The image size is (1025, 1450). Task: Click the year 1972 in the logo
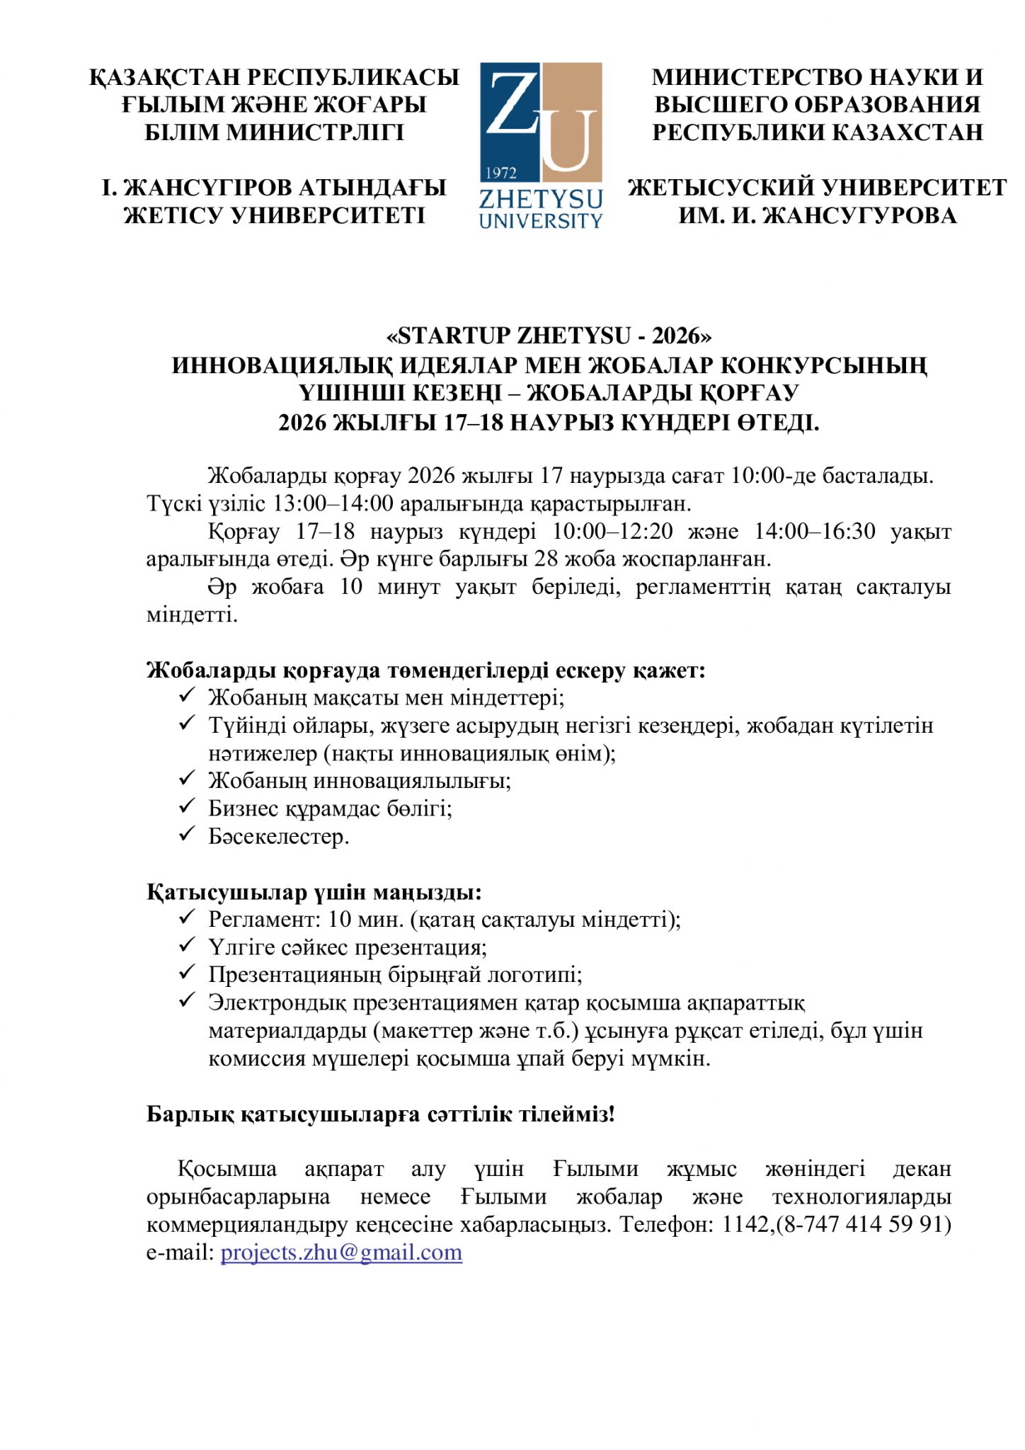502,173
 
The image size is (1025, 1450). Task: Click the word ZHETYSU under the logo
540,199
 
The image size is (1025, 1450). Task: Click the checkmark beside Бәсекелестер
186,834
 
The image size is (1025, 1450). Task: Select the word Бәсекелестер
278,836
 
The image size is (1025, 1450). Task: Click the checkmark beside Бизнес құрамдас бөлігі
186,806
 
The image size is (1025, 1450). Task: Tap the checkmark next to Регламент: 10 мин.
186,917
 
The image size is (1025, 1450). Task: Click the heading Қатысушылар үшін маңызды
314,891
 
